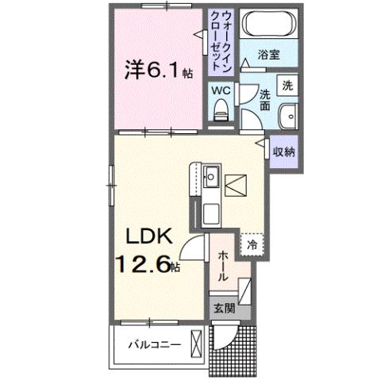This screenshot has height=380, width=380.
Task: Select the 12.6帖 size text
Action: pos(148,264)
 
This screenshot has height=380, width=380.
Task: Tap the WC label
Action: pos(220,89)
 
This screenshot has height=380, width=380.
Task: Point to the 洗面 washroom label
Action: pos(266,101)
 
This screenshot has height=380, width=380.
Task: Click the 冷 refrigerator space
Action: pos(251,245)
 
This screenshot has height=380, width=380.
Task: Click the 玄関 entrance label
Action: pos(224,308)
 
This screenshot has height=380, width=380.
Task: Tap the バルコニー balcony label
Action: pos(156,345)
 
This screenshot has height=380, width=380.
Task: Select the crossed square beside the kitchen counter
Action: pos(236,186)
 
